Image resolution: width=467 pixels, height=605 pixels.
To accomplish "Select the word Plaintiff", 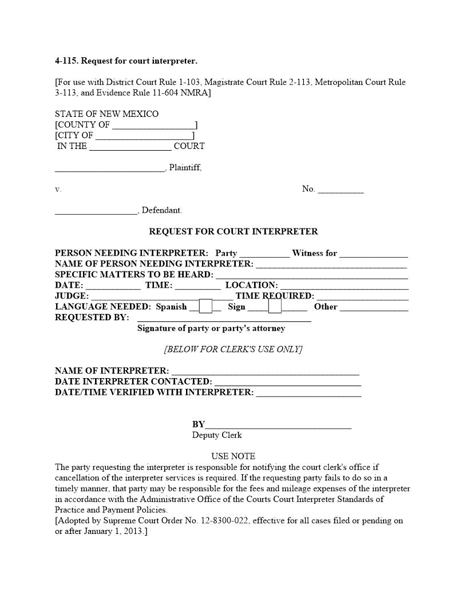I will click(x=185, y=168).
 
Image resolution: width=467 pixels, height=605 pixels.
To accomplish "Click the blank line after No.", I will click(x=340, y=190).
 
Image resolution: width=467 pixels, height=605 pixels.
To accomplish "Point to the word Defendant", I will click(x=161, y=210).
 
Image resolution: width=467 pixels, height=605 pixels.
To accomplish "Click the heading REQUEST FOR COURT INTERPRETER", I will click(x=233, y=231).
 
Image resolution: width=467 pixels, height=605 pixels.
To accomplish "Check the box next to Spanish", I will click(x=205, y=307).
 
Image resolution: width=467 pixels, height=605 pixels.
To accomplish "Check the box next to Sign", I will click(x=275, y=307).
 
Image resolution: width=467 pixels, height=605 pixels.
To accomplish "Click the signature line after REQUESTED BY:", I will click(x=224, y=319).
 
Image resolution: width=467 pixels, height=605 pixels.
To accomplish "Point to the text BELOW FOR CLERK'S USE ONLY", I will click(x=233, y=349).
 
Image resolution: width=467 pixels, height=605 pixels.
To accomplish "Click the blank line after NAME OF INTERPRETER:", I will click(x=265, y=371).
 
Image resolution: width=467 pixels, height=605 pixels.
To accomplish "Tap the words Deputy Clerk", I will click(x=217, y=435).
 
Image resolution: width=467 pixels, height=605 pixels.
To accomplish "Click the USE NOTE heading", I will click(x=233, y=456).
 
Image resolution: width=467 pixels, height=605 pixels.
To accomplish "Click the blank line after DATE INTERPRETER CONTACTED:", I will click(x=287, y=382).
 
